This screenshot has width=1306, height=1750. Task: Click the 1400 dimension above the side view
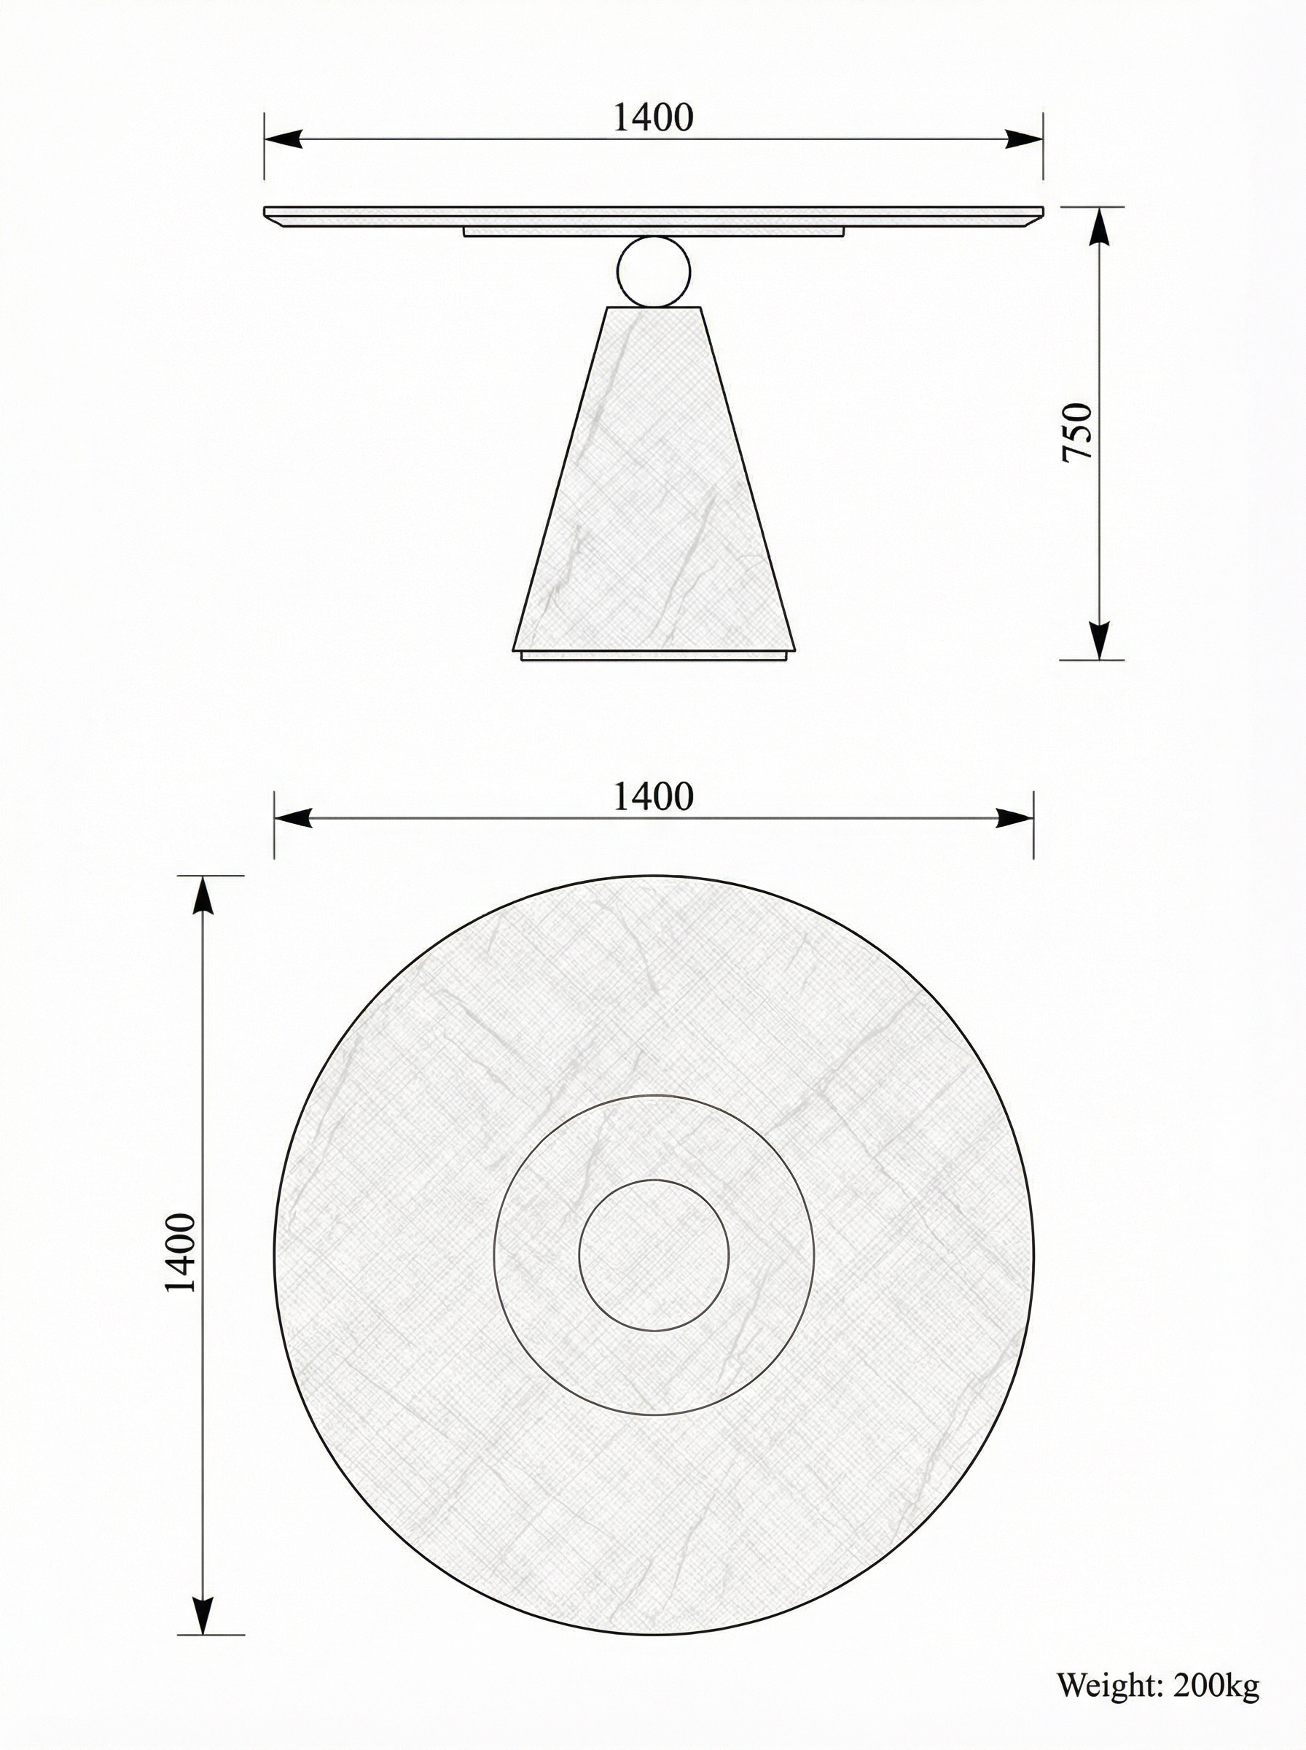pyautogui.click(x=653, y=118)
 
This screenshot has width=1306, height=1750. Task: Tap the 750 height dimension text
pyautogui.click(x=1076, y=432)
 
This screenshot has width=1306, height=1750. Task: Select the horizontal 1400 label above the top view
pyautogui.click(x=653, y=797)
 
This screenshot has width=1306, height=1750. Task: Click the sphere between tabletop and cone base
pyautogui.click(x=653, y=271)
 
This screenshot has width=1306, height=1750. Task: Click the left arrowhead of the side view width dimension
pyautogui.click(x=285, y=139)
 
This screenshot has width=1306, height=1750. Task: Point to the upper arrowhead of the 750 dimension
pyautogui.click(x=1099, y=227)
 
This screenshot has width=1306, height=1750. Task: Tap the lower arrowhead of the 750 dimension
pyautogui.click(x=1099, y=639)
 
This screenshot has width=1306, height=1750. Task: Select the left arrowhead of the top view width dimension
pyautogui.click(x=294, y=818)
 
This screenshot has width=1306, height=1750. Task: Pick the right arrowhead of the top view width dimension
pyautogui.click(x=1014, y=818)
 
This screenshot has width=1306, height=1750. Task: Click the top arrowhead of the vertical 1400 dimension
pyautogui.click(x=204, y=897)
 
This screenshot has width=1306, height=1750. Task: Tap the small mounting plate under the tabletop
pyautogui.click(x=653, y=232)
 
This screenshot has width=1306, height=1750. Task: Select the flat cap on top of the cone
pyautogui.click(x=653, y=307)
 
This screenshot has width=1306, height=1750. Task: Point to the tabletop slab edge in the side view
pyautogui.click(x=653, y=214)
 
